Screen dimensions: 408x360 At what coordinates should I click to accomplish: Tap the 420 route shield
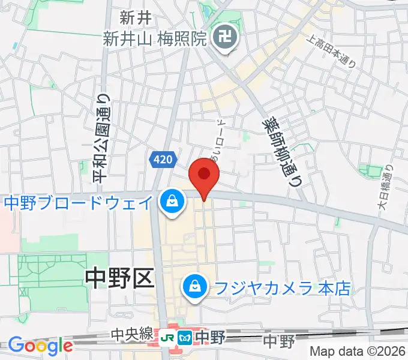point(163,160)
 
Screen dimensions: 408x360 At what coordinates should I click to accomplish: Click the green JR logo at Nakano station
point(171,338)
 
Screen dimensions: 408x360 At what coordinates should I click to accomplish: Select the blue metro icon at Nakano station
point(185,338)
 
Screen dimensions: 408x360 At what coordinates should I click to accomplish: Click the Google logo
point(40,346)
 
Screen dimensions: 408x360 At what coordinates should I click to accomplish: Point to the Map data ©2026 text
point(358,351)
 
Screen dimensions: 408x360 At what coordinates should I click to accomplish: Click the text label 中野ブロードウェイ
point(79,203)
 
